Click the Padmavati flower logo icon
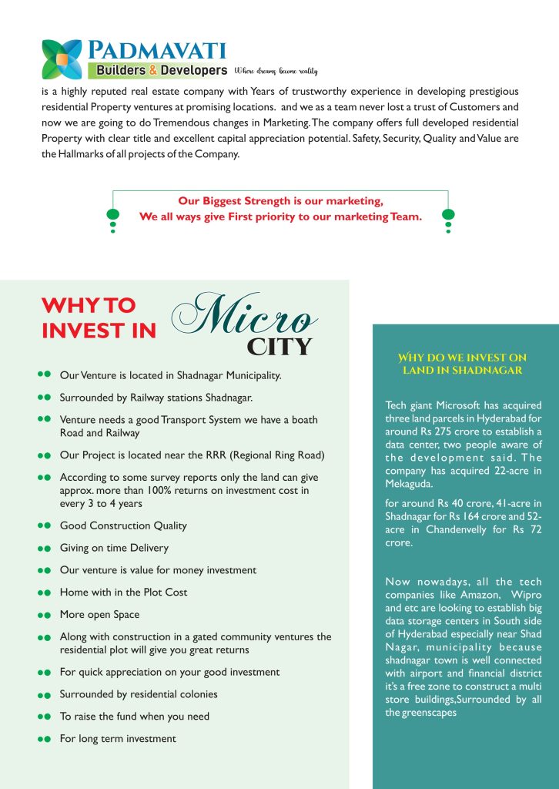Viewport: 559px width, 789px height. coord(62,59)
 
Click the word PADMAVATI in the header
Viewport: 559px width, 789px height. coord(156,52)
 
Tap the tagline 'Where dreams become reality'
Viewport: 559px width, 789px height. coord(276,71)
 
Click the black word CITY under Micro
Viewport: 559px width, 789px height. coord(279,347)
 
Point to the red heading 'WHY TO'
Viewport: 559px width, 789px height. coord(89,305)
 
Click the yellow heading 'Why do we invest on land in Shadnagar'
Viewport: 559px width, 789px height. coord(462,364)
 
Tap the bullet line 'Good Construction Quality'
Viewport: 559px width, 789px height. coord(123,525)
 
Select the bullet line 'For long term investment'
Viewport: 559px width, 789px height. coord(118,738)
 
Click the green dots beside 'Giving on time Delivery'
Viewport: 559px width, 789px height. coord(44,549)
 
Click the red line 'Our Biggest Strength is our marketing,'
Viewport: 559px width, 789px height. coord(280,201)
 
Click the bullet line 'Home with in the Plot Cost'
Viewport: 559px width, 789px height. coord(123,592)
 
